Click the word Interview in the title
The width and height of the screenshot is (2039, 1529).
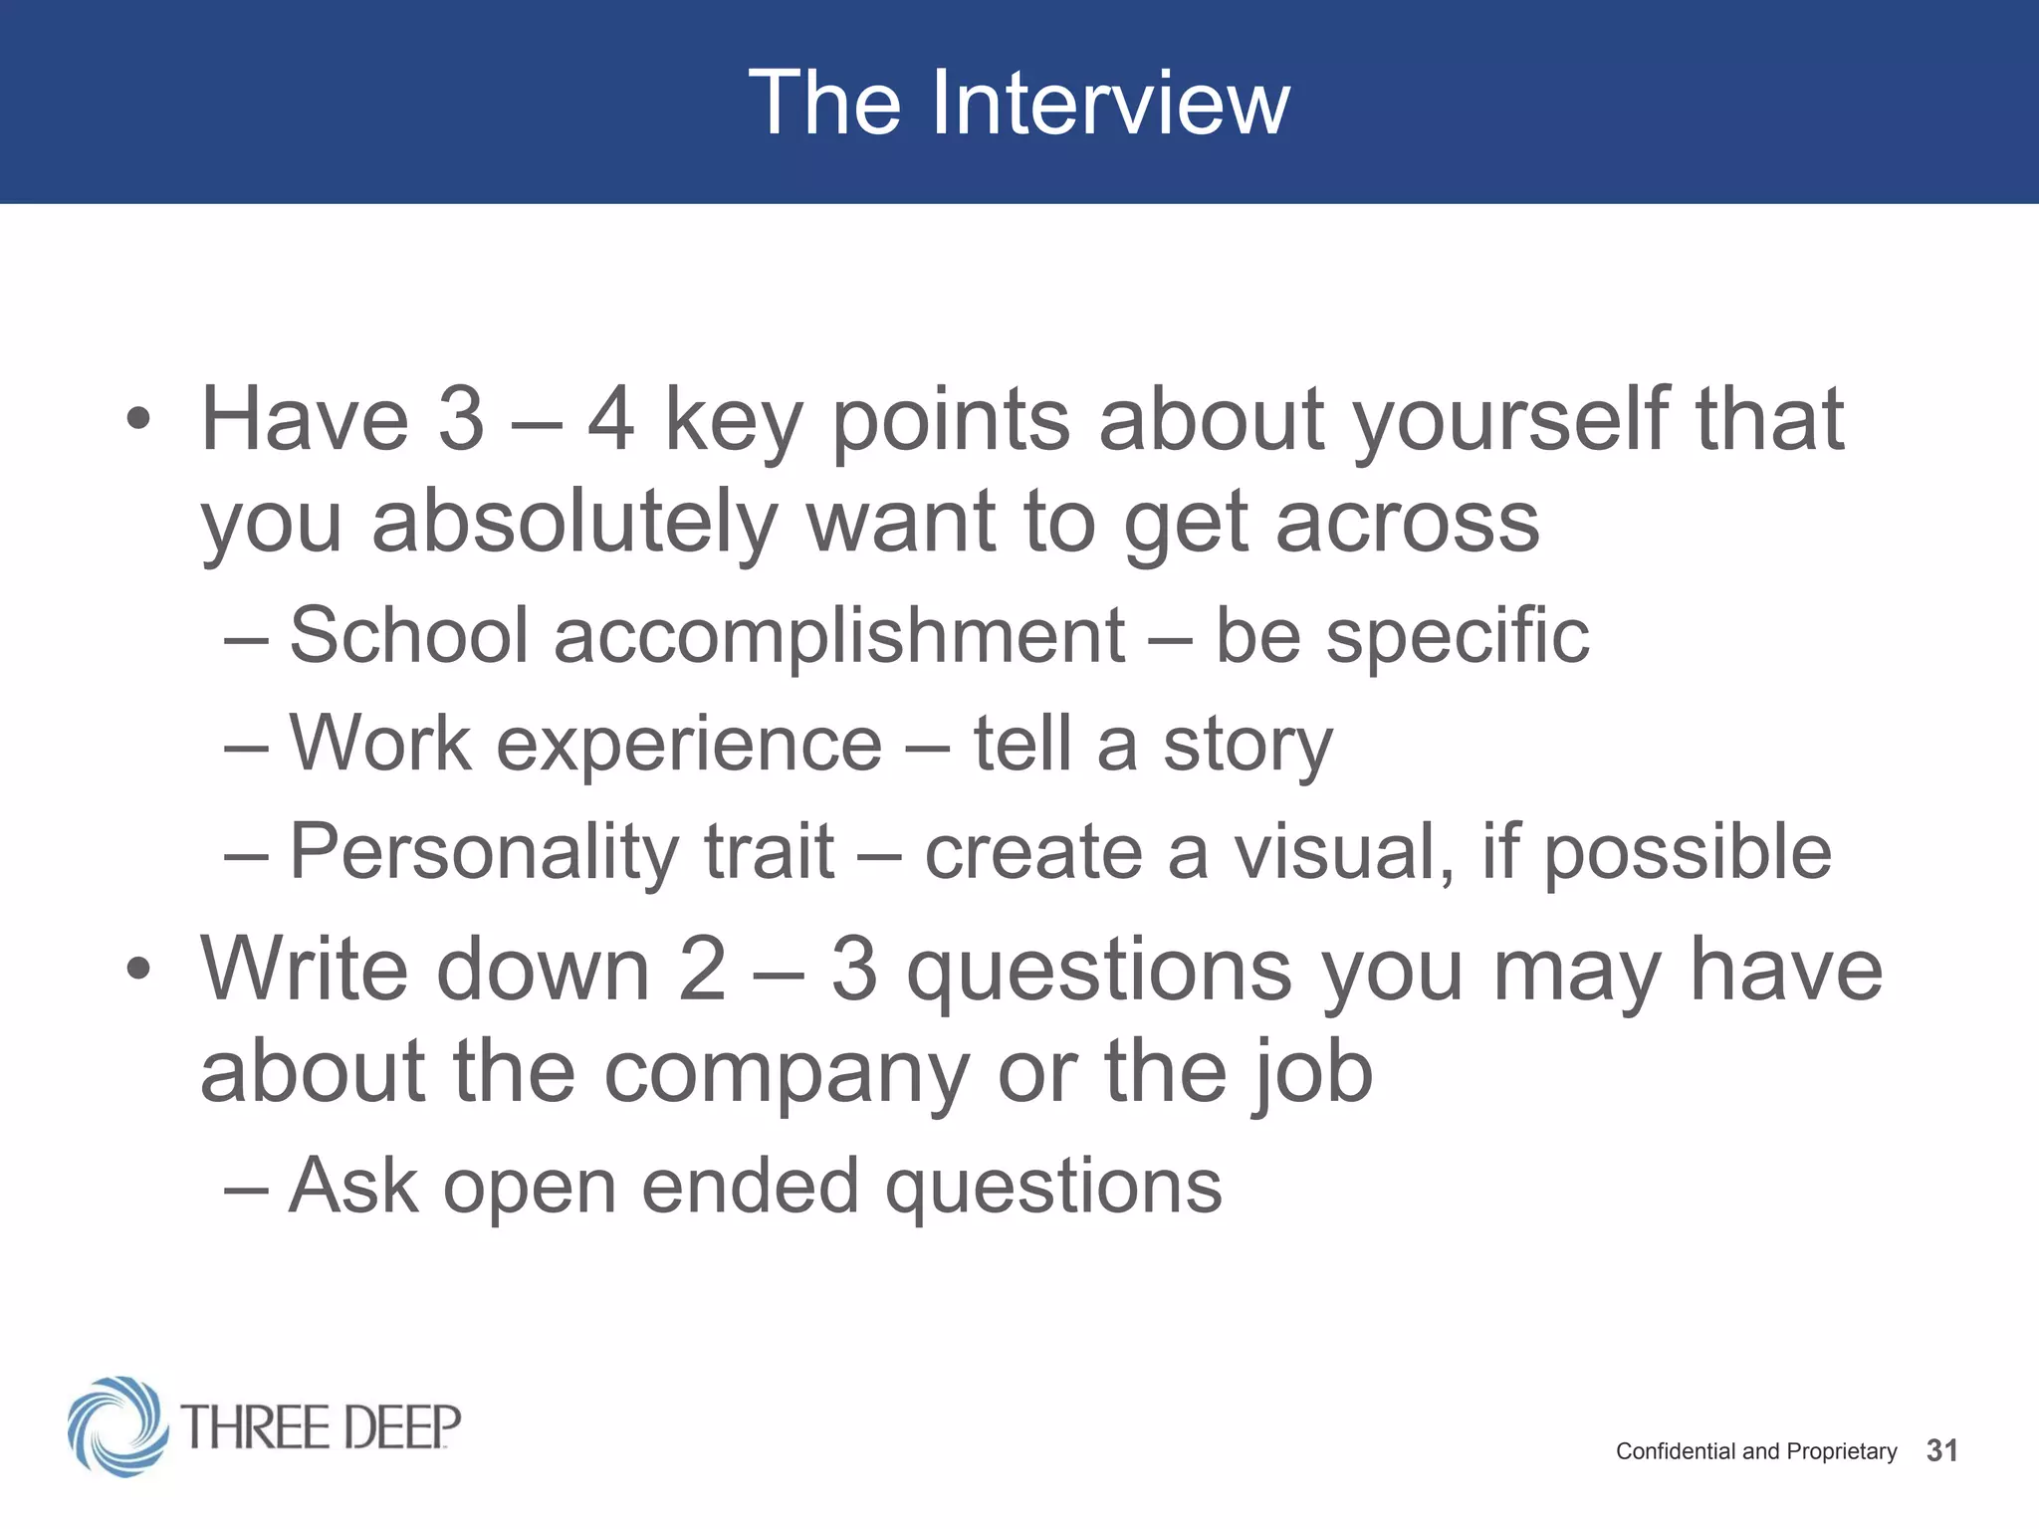click(1110, 103)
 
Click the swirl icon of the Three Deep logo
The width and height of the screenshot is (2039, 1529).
click(117, 1425)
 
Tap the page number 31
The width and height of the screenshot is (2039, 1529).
click(1941, 1450)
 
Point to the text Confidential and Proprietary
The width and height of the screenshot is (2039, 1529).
click(1755, 1451)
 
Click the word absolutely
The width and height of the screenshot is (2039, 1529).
click(574, 523)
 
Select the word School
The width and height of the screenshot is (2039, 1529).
click(408, 635)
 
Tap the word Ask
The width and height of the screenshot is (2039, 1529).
click(352, 1186)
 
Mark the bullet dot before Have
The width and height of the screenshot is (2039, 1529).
click(138, 420)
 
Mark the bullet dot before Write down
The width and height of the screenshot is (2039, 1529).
click(138, 969)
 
